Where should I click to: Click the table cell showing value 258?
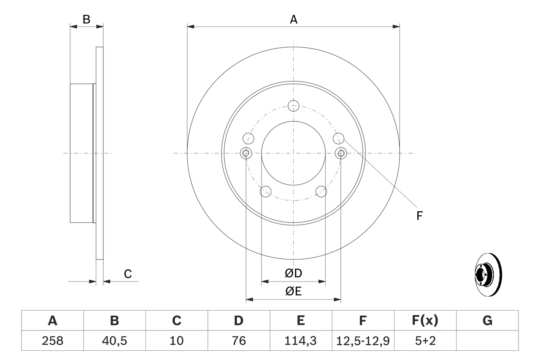coord(53,341)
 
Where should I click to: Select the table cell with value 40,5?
coord(114,341)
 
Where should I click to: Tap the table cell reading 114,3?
coord(300,341)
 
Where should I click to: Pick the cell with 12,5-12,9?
coord(363,341)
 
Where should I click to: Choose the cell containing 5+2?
coord(425,341)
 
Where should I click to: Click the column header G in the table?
coord(487,321)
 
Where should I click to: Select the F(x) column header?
coord(425,321)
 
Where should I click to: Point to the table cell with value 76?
coord(238,341)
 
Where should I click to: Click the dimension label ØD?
coord(293,273)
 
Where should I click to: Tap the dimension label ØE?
coord(293,292)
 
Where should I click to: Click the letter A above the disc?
coord(293,19)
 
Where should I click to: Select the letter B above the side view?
coord(86,19)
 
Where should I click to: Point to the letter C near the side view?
coord(128,274)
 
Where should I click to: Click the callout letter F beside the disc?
coord(419,216)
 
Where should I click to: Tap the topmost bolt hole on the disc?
coord(293,106)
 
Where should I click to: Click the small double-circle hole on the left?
coord(246,153)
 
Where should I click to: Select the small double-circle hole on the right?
coord(341,153)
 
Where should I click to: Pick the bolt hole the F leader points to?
coord(338,138)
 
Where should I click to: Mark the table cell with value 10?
coord(176,341)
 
